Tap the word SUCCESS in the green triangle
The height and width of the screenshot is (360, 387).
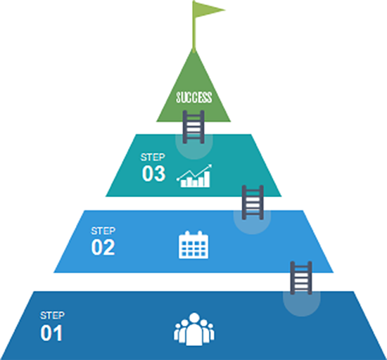point(194,97)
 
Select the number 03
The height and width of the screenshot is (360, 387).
point(153,174)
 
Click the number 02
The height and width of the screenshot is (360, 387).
point(103,247)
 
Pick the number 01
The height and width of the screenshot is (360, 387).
point(51,333)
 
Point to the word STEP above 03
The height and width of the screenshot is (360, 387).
point(153,157)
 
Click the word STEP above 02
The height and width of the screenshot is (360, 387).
point(103,231)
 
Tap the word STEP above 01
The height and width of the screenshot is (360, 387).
point(52,316)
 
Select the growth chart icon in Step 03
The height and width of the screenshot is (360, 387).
point(194,176)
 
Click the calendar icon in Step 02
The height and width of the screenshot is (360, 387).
point(193,245)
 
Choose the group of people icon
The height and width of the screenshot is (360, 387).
point(194,329)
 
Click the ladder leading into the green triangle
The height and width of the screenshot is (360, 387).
point(193,127)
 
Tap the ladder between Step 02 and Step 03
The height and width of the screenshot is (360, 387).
point(253,202)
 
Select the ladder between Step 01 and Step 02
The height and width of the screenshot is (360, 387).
point(301,278)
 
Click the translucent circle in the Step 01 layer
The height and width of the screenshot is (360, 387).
point(302,304)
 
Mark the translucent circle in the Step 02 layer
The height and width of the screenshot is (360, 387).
point(252,222)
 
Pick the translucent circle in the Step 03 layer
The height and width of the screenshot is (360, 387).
point(194,147)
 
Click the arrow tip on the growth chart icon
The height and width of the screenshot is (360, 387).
point(210,166)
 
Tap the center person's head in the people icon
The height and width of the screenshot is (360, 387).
point(194,318)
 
